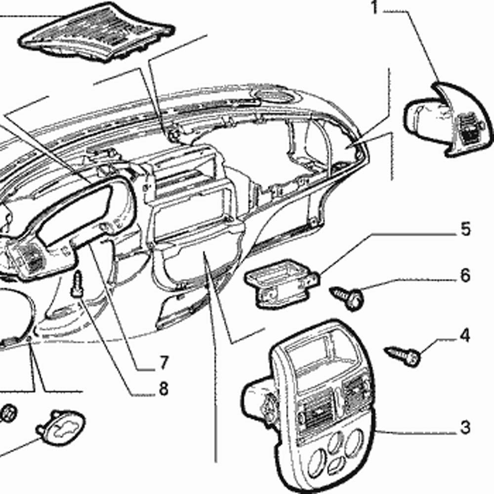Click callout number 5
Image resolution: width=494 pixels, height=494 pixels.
point(466,230)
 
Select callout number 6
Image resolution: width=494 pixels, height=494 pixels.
point(465,276)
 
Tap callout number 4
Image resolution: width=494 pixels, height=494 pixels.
point(464,336)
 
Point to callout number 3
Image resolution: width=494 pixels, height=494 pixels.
point(465,427)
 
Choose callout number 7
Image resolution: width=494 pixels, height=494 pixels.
point(164,363)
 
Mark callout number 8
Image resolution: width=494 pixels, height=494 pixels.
point(164,389)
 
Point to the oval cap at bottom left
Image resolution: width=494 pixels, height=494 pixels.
point(62,427)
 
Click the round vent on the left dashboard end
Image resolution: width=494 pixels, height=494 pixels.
point(25,254)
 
